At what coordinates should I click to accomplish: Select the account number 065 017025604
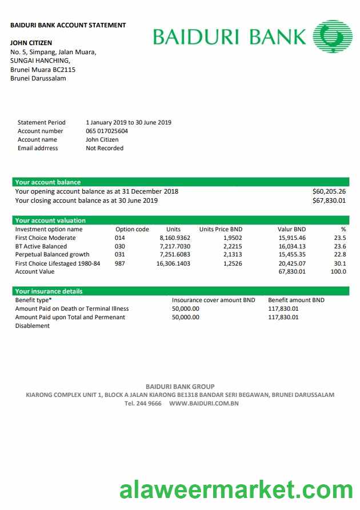[x=107, y=131]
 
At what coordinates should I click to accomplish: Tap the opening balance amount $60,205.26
[x=329, y=191]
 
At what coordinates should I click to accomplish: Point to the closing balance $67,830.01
[x=329, y=200]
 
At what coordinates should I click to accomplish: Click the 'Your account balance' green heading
[x=48, y=182]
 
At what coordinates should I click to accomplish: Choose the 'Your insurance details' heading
[x=49, y=291]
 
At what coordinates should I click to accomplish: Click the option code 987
[x=119, y=263]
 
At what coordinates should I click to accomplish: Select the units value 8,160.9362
[x=175, y=238]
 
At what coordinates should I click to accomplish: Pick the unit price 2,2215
[x=232, y=246]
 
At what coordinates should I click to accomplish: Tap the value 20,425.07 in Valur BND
[x=292, y=263]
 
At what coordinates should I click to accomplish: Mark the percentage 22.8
[x=340, y=255]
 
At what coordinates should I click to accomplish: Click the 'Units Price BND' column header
[x=221, y=229]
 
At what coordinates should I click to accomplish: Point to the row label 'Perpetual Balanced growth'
[x=52, y=255]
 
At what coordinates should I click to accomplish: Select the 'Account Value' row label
[x=35, y=272]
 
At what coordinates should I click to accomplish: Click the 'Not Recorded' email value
[x=105, y=148]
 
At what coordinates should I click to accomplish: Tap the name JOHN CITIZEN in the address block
[x=31, y=43]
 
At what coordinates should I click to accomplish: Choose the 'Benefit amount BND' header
[x=296, y=300]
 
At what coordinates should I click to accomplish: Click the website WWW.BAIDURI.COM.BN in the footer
[x=203, y=403]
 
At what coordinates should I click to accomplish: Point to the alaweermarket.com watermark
[x=236, y=490]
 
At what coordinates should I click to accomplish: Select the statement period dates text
[x=129, y=122]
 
